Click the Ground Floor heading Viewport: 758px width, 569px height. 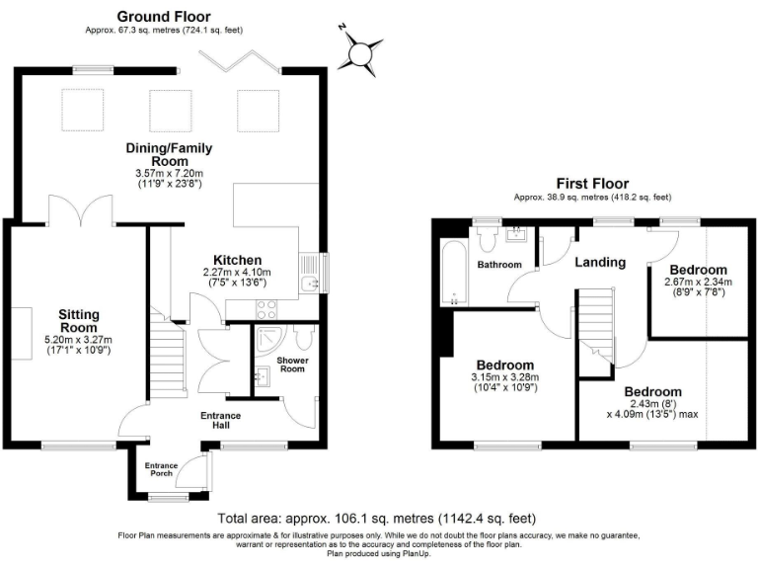[165, 17]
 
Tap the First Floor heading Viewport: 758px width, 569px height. [592, 184]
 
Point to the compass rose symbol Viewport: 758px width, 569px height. [362, 48]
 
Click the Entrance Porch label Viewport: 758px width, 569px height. [161, 469]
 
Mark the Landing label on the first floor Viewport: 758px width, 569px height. [600, 263]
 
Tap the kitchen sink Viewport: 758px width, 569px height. [309, 284]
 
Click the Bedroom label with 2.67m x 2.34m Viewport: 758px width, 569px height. [698, 270]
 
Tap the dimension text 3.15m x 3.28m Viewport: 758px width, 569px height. [505, 377]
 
